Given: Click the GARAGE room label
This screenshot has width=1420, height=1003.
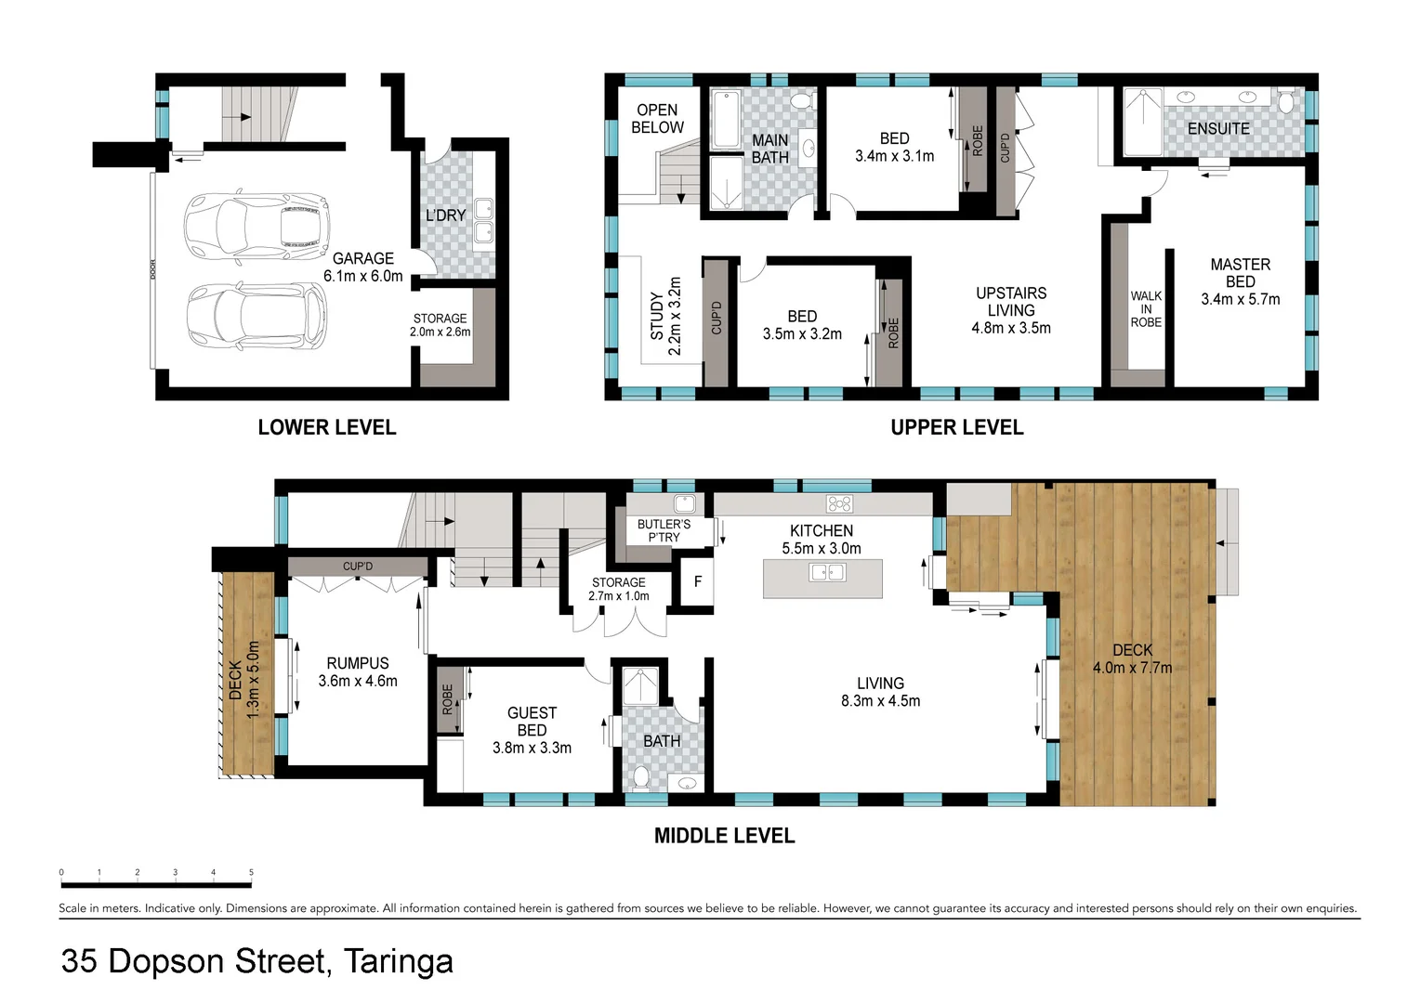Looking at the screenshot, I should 362,259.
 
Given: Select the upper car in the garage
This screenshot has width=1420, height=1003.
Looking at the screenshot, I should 256,227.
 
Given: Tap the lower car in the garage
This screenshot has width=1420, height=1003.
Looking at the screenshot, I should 256,316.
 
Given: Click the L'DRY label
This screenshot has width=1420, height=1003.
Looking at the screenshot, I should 445,215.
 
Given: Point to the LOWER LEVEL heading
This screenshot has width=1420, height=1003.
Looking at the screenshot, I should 326,427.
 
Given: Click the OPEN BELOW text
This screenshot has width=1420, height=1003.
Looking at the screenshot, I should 657,119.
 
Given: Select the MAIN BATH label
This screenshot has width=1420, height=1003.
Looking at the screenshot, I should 769,149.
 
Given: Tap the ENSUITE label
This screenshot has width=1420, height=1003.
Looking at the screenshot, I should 1217,129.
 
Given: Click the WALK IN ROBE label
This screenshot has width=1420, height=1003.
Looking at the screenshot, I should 1145,309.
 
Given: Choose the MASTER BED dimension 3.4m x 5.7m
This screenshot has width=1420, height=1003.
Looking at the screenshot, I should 1240,299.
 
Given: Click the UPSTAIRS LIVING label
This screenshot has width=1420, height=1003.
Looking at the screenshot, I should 1011,302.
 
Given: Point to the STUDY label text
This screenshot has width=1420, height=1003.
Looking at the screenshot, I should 657,316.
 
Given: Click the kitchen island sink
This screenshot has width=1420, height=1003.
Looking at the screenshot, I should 827,572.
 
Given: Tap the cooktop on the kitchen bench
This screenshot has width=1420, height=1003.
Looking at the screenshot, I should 839,504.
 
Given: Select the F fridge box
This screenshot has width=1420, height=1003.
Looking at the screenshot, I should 697,582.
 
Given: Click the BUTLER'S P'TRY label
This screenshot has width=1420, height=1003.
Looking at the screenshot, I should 664,530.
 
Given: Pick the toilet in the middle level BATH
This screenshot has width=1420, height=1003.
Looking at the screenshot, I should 641,776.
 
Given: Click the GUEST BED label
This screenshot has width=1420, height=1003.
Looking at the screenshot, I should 532,722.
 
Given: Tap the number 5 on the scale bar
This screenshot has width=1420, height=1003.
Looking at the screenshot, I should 251,873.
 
